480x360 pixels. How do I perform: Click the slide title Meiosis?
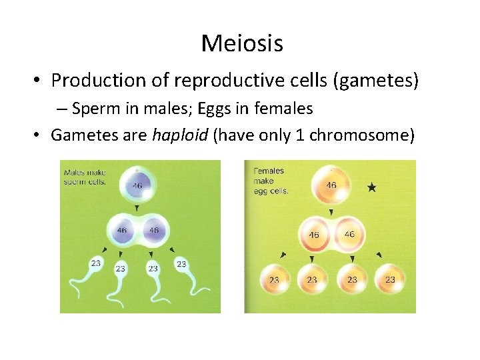click(241, 43)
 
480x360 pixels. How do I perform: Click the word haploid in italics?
click(179, 135)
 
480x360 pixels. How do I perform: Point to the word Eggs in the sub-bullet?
click(205, 108)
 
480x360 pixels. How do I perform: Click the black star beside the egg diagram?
click(371, 188)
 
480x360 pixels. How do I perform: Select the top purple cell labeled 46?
click(136, 185)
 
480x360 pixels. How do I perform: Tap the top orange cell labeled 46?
click(331, 185)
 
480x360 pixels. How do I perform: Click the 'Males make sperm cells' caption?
click(85, 178)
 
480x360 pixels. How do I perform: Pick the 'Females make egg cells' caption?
click(271, 180)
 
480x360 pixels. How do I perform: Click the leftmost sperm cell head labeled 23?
click(95, 264)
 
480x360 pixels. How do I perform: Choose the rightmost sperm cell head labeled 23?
click(181, 264)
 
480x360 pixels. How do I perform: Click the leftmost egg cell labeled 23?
click(274, 279)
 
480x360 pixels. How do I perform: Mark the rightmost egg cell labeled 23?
click(390, 279)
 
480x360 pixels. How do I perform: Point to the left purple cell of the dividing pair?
click(121, 230)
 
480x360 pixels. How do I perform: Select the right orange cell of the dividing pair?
click(350, 234)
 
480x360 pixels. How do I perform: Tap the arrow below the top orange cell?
click(331, 212)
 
